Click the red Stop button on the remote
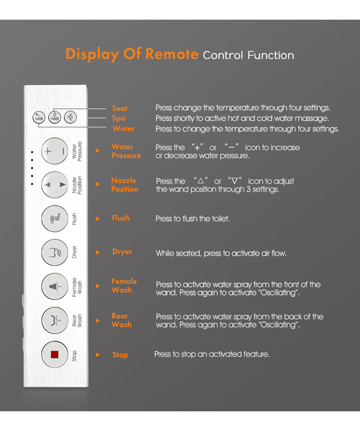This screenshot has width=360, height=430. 54,354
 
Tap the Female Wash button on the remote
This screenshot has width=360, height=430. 54,286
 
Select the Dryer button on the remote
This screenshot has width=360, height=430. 54,252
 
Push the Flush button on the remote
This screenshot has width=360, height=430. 54,218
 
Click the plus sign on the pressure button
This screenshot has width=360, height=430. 48,151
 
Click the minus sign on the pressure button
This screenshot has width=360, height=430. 63,151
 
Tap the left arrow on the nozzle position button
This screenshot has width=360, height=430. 47,185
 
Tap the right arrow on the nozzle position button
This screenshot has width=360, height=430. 63,185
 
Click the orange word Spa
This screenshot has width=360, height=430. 119,118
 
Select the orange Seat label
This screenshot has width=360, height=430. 120,109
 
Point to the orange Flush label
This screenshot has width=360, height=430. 121,218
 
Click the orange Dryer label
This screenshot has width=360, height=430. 122,252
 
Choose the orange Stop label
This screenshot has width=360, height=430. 120,355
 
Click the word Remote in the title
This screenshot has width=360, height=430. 172,54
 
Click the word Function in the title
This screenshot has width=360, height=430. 271,55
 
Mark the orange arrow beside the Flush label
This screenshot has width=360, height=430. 98,219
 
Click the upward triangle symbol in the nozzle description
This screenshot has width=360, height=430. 201,181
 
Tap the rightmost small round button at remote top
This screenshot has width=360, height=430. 70,117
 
